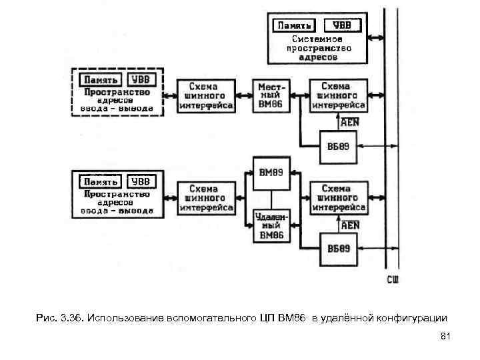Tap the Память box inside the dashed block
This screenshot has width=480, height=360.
coord(99,79)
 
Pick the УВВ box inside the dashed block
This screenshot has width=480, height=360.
coord(142,79)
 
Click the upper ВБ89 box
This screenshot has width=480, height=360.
coord(339,147)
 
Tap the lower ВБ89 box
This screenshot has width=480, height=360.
coord(339,248)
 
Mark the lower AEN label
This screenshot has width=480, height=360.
coord(350,225)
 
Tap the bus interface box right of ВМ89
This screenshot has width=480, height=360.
coord(339,198)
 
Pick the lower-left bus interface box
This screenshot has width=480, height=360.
coord(206,198)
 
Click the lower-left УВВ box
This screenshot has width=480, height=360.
coord(141,181)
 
